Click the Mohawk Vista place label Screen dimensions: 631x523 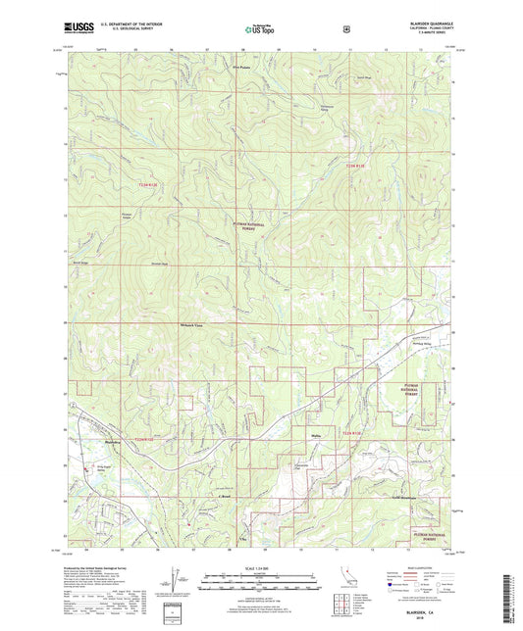coord(167,323)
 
